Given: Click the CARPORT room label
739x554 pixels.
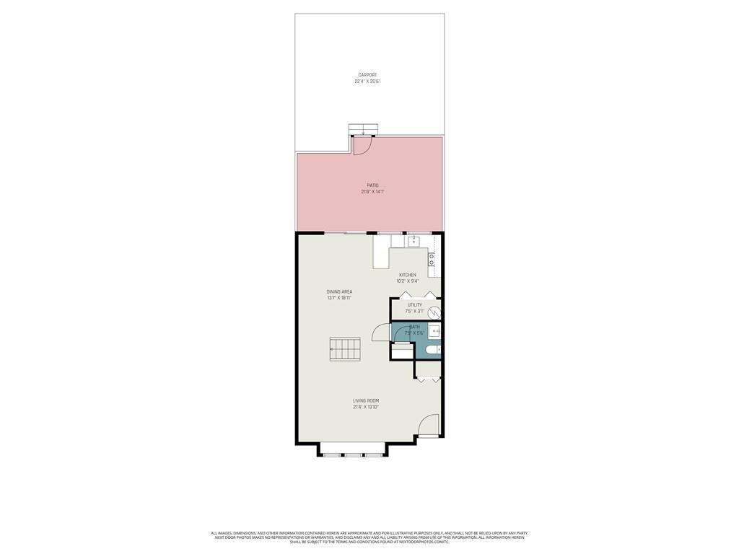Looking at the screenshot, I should [x=367, y=75].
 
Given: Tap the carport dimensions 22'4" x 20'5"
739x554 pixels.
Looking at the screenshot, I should [x=367, y=82].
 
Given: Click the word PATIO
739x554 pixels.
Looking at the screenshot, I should [x=372, y=185].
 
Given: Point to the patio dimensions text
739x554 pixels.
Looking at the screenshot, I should [x=372, y=192].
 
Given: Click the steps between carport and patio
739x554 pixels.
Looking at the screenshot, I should [x=363, y=130].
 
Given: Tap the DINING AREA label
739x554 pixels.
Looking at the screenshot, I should [x=339, y=291].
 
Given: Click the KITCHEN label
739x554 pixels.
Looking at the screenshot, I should [x=408, y=275].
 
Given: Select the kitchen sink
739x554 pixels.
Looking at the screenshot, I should [x=414, y=242].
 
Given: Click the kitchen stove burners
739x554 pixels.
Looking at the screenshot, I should [x=432, y=260].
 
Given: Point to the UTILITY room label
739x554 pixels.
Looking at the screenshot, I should [x=414, y=304].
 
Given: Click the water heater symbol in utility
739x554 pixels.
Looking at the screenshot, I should [x=434, y=312].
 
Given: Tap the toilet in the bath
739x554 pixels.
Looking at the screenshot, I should [x=432, y=350].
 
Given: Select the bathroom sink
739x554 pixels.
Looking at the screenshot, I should [x=434, y=331].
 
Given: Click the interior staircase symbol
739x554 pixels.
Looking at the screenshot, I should [x=345, y=349].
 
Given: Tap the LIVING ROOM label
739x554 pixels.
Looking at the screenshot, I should [x=366, y=400].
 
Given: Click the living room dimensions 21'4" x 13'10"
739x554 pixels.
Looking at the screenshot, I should [x=366, y=407].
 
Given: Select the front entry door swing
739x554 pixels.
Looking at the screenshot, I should [x=429, y=425].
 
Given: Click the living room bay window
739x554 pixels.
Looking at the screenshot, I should [x=353, y=454].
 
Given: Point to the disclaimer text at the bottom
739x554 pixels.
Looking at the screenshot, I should [x=369, y=537].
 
